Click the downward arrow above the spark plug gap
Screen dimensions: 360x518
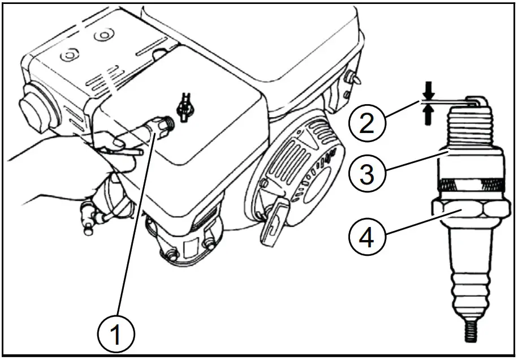click(428, 89)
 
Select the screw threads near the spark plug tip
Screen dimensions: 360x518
click(468, 130)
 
